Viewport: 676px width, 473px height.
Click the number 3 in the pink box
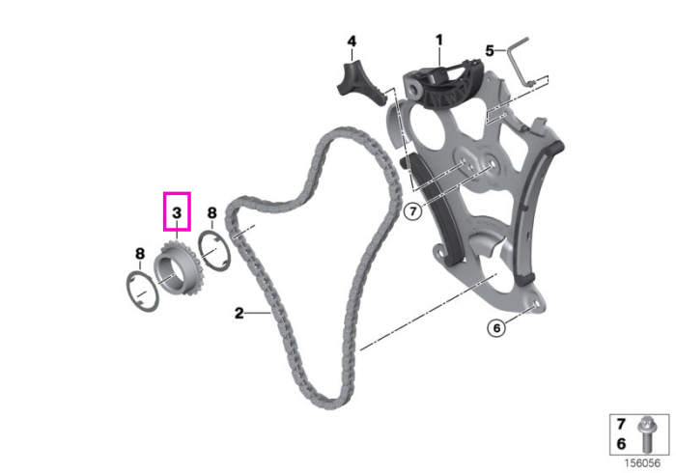[177, 212]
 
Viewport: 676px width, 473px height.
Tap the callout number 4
[352, 42]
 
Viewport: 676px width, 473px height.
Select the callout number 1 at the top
[438, 41]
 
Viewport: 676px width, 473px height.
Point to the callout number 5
[490, 51]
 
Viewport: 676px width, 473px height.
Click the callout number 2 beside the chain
[239, 313]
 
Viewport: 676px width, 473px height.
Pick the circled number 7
[413, 211]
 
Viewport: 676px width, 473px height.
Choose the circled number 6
[496, 328]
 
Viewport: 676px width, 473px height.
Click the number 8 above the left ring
[140, 254]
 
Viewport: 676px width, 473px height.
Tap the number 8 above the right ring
[211, 212]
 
